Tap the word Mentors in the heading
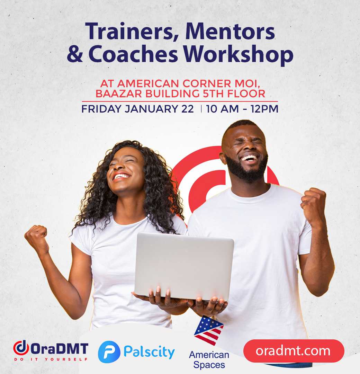pyautogui.click(x=230, y=31)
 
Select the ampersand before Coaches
pyautogui.click(x=75, y=54)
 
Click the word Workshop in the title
pyautogui.click(x=238, y=54)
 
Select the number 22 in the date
pyautogui.click(x=187, y=109)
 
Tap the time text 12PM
pyautogui.click(x=264, y=109)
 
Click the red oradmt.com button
pyautogui.click(x=294, y=351)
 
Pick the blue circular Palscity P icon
pyautogui.click(x=109, y=352)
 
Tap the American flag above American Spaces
pyautogui.click(x=209, y=330)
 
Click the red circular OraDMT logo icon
pyautogui.click(x=21, y=348)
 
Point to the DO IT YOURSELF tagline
pyautogui.click(x=51, y=359)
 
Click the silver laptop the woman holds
pyautogui.click(x=184, y=266)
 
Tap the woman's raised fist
pyautogui.click(x=36, y=237)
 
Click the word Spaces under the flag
pyautogui.click(x=209, y=365)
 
